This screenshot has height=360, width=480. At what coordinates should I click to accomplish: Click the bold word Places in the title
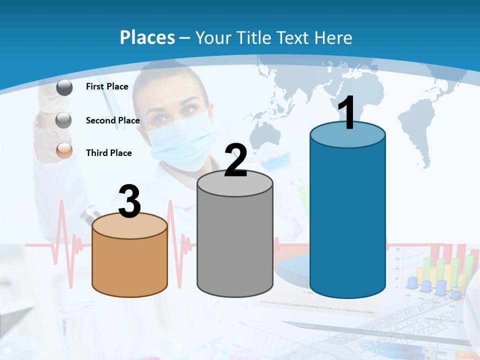147,37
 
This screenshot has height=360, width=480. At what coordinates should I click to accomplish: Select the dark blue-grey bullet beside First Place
64,87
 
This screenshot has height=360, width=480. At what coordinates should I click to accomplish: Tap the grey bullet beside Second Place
64,120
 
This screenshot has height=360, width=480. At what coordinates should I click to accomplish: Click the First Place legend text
107,86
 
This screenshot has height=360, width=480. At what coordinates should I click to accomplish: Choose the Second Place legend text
112,120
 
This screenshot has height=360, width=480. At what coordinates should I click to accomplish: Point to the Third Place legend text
108,153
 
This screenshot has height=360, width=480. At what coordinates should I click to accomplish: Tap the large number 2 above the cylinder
235,161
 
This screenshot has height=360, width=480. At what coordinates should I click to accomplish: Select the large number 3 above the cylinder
129,202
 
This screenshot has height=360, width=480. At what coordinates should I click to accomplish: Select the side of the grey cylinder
235,245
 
